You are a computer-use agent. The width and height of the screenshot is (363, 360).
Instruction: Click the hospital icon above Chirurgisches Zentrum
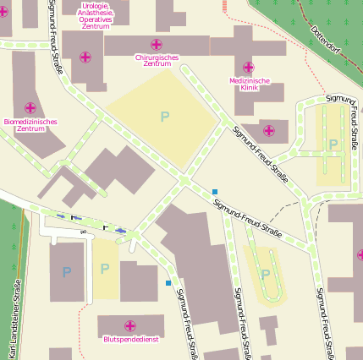coord(156,44)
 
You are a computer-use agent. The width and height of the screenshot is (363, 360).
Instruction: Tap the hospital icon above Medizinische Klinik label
coord(248,67)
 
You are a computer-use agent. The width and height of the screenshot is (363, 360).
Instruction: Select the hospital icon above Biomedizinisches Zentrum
coord(30,107)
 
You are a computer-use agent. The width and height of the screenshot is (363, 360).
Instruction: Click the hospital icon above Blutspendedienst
coord(129,325)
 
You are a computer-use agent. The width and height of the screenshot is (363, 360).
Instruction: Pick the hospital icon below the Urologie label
coord(85,57)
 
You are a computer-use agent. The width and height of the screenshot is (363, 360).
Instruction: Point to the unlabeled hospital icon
coord(269,130)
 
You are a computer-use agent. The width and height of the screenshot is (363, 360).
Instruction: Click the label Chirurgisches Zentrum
coord(157,60)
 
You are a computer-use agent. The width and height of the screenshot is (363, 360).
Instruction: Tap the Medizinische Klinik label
coord(249,84)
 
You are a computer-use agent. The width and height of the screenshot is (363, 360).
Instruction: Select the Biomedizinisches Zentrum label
coord(30,125)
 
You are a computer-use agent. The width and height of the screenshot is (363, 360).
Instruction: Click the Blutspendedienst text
coord(130,339)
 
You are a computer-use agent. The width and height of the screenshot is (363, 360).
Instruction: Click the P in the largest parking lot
coord(164,116)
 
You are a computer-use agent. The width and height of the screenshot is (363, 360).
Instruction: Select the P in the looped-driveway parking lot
coord(266,274)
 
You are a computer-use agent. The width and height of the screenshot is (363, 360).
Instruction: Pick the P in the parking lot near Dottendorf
coord(333,144)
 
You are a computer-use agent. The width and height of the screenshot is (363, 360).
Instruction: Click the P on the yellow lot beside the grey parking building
coord(105,269)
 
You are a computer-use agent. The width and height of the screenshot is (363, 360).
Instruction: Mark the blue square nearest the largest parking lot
coord(215,192)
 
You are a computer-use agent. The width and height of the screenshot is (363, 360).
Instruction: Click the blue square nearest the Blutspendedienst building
coord(168,282)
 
